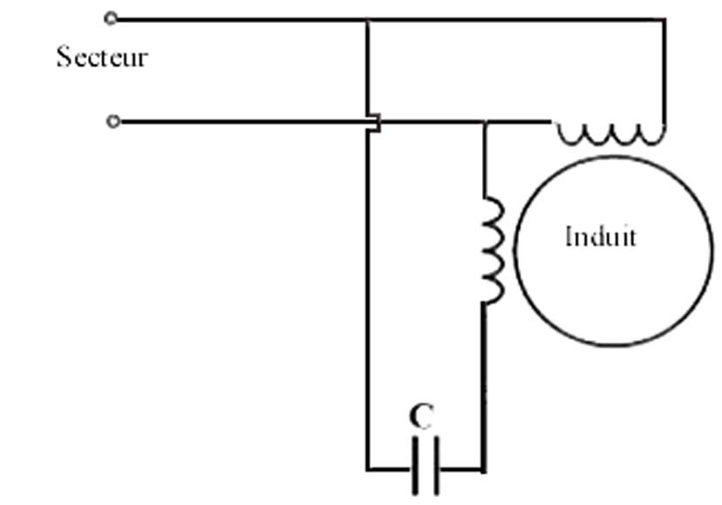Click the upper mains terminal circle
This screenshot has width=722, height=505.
(111, 18)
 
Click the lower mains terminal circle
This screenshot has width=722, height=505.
(112, 122)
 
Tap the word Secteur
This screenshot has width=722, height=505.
(102, 58)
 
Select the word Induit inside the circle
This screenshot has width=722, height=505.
(600, 236)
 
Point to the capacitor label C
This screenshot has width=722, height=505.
(421, 417)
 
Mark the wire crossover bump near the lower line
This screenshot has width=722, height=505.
(373, 123)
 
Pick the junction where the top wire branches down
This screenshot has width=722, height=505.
(367, 19)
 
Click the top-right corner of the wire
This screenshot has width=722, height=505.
(665, 19)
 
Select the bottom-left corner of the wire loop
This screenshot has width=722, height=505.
(367, 469)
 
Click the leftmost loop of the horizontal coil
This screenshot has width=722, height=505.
(571, 134)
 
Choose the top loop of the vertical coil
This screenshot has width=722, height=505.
(494, 212)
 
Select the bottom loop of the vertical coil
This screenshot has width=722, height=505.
(494, 290)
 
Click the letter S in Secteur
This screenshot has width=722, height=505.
(64, 58)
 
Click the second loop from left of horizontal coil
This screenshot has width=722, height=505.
(598, 134)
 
